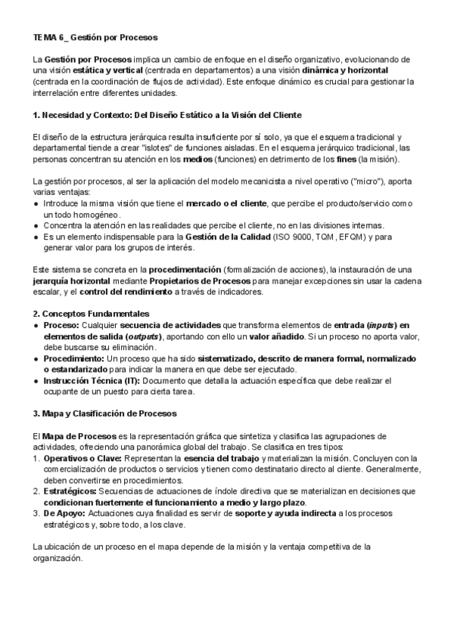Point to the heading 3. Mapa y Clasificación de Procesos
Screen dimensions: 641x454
point(104,413)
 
